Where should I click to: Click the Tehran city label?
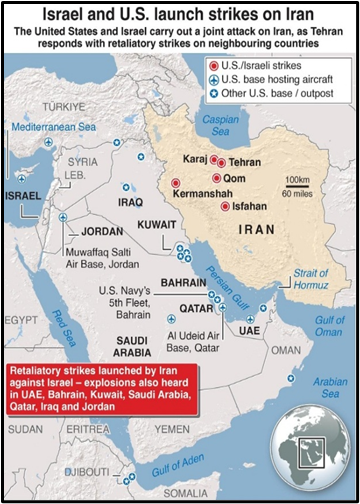(245, 161)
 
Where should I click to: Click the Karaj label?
(194, 159)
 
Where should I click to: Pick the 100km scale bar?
(297, 186)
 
